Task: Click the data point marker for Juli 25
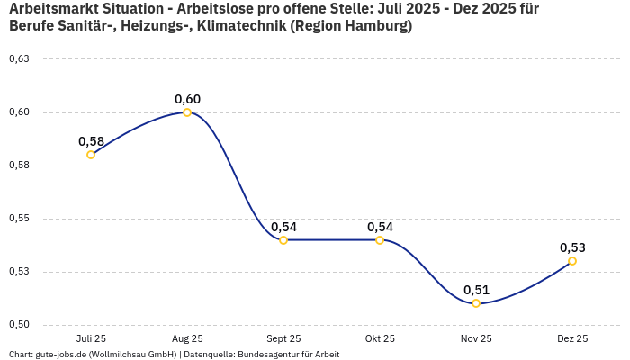[91, 155]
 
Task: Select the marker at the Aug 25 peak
[187, 112]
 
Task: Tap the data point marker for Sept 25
[283, 240]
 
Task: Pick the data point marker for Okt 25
[380, 240]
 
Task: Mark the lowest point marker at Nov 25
[476, 303]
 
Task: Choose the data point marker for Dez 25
[572, 261]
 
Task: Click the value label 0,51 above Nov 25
[476, 290]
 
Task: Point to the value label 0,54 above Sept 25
[283, 227]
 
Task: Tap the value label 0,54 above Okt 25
[380, 227]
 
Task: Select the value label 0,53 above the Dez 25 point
[572, 247]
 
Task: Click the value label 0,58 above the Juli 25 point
[91, 141]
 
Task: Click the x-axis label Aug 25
[187, 339]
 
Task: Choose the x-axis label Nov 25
[476, 339]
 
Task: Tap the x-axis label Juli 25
[91, 339]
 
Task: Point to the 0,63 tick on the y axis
[19, 59]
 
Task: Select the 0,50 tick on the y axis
[19, 325]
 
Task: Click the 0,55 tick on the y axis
[19, 219]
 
